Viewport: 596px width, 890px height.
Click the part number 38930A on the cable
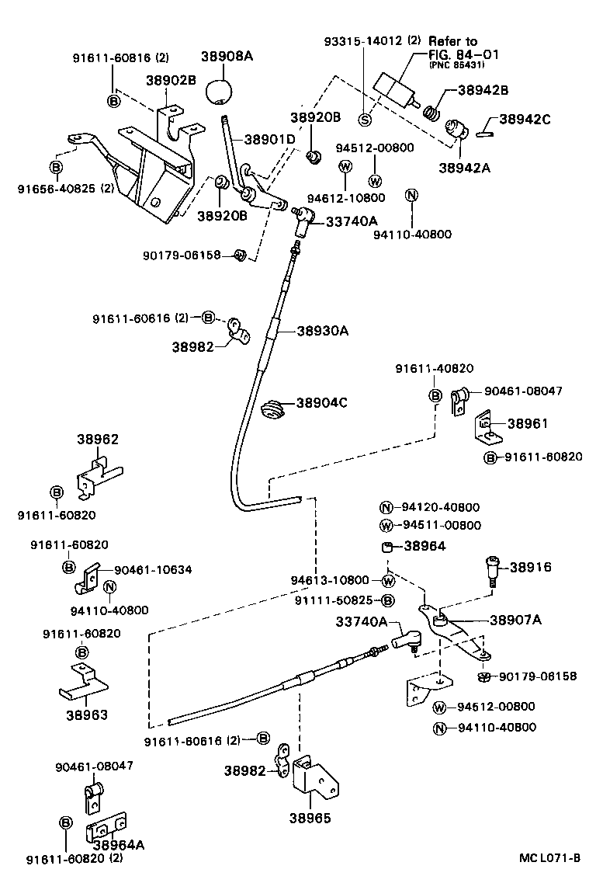[322, 331]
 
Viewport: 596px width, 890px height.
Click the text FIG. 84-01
[463, 54]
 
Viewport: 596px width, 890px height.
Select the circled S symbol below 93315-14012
[365, 119]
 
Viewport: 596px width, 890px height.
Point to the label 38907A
[515, 619]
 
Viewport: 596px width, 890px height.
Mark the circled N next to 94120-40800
[387, 507]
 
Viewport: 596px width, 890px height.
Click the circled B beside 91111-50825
[388, 600]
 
